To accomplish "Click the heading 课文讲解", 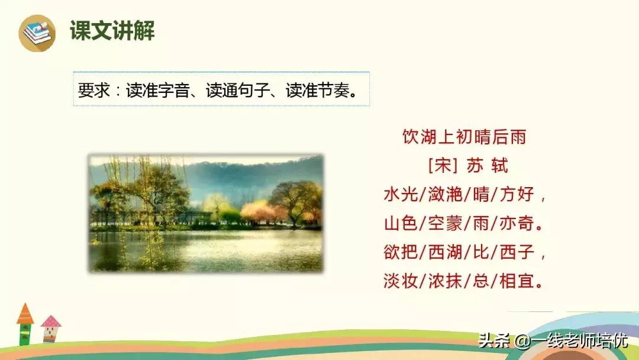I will coord(112,31).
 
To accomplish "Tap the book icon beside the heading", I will coord(37,33).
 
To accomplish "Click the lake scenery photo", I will coord(205,213).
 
